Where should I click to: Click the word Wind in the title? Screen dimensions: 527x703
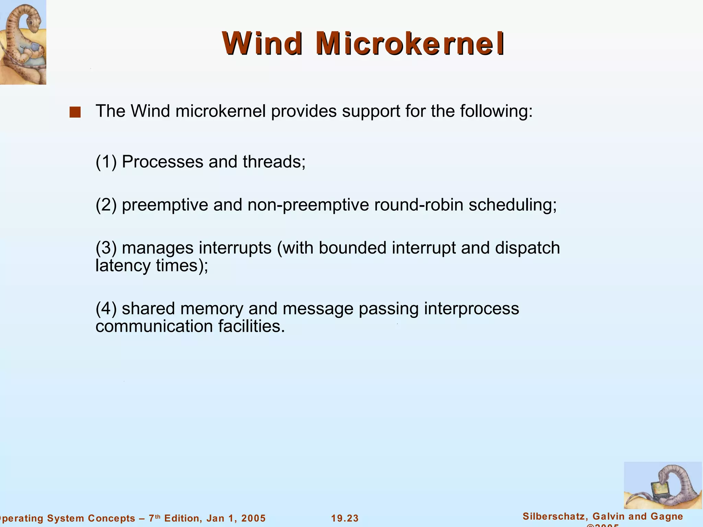click(262, 44)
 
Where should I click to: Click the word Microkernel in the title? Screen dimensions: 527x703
click(410, 44)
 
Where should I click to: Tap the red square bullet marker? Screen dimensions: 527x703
click(75, 112)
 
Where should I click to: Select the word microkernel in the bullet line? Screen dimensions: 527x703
click(221, 111)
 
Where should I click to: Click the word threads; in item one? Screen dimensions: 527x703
click(274, 162)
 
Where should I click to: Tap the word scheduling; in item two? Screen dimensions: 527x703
click(512, 205)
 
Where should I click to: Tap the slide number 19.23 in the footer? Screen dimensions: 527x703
click(345, 518)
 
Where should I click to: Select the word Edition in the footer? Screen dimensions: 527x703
click(180, 518)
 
